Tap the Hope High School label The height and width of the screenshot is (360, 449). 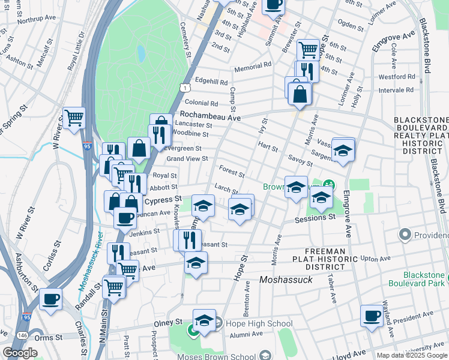click(x=250, y=324)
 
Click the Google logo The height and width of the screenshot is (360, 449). click(x=20, y=353)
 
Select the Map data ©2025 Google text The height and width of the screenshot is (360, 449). click(x=412, y=355)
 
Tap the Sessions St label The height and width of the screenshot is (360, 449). click(x=315, y=218)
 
